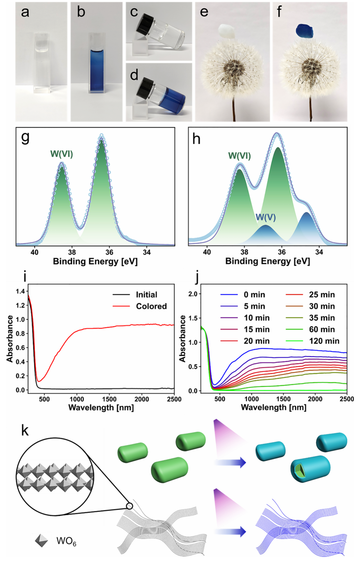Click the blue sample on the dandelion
[x=305, y=31]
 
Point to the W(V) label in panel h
[x=265, y=217]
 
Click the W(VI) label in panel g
[x=61, y=154]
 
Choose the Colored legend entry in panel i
[x=151, y=306]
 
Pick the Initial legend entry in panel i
[x=146, y=295]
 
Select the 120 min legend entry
[x=324, y=341]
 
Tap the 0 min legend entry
[x=254, y=295]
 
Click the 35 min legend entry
[x=322, y=318]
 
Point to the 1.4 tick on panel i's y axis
[x=20, y=291]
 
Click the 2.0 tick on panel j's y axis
[x=193, y=294]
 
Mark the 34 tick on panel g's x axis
[x=146, y=252]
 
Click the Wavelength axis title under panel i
[x=101, y=408]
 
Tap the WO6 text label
[x=66, y=541]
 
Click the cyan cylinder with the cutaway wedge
[x=310, y=469]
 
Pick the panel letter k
[x=25, y=430]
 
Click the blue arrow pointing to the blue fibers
[x=230, y=531]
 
